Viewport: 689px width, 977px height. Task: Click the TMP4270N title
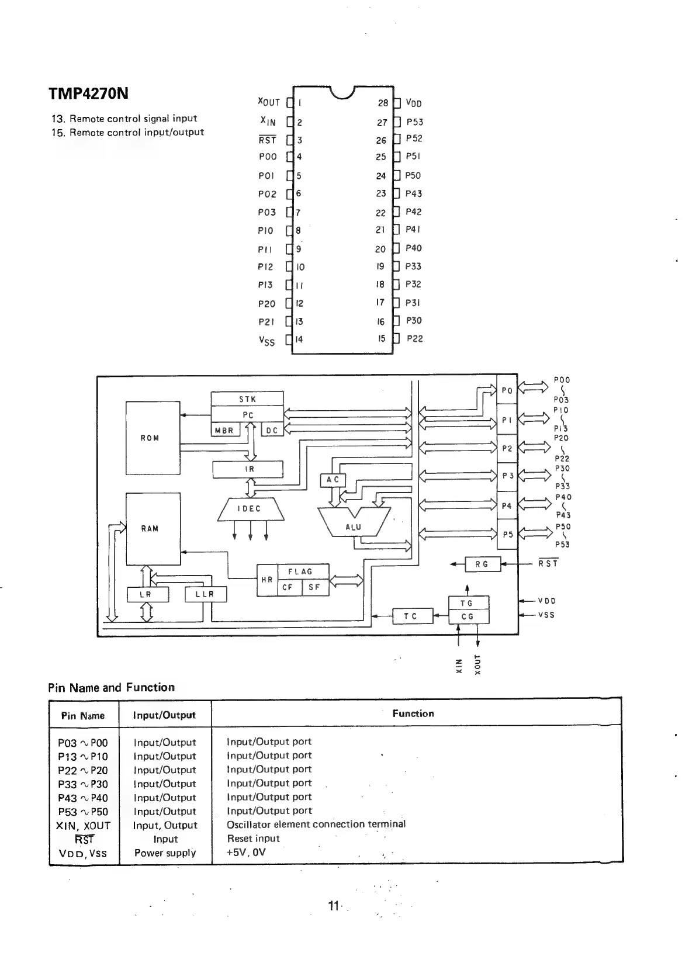(88, 94)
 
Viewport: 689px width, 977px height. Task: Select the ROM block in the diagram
(153, 438)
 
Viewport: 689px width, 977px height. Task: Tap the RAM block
(153, 529)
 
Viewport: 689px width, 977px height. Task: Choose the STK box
(247, 400)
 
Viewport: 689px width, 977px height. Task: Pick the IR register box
(248, 469)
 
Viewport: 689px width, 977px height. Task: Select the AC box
(333, 480)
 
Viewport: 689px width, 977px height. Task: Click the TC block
(411, 616)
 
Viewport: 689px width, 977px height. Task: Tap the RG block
(483, 564)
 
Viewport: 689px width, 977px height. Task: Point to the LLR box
(205, 594)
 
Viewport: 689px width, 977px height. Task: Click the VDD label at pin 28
(414, 103)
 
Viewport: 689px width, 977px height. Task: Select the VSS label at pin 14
(266, 341)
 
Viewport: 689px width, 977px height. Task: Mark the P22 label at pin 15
(415, 338)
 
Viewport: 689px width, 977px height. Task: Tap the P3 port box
(507, 476)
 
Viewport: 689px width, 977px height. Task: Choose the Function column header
(413, 713)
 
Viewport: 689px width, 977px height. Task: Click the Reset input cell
(253, 839)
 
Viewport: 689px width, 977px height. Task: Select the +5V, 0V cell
(246, 852)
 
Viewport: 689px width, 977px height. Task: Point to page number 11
(334, 906)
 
